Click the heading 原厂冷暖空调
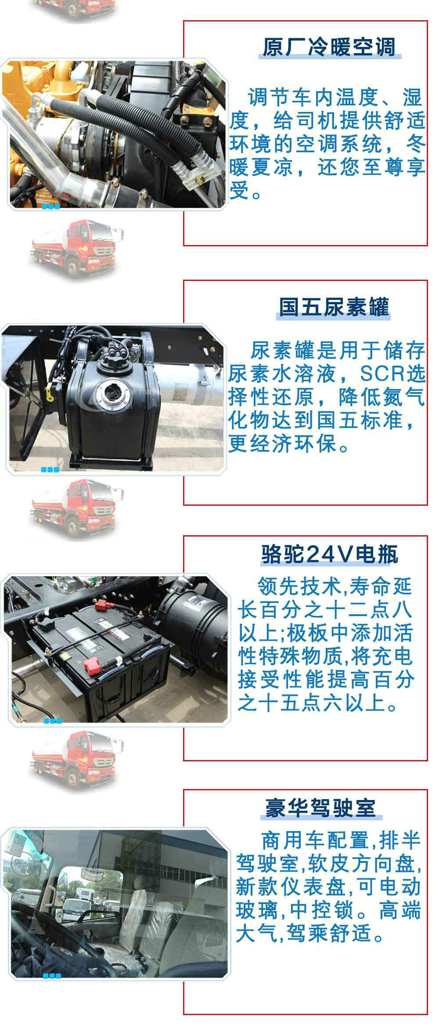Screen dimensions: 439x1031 pos(329,47)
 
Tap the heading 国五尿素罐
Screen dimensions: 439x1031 pos(334,307)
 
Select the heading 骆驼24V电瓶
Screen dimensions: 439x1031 pos(330,555)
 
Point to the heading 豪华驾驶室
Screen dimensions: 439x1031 pos(320,807)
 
